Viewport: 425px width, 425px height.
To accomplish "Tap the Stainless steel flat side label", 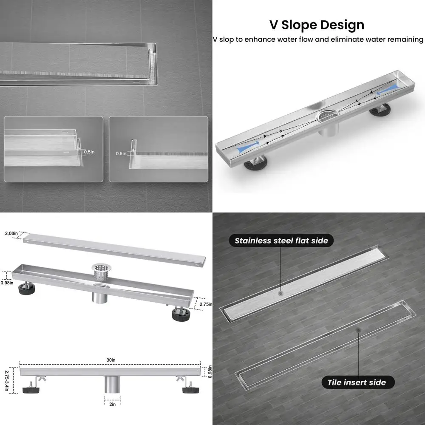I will (x=281, y=241).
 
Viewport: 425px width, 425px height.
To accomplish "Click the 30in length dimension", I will (x=111, y=360).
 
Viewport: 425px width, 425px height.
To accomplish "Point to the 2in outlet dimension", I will (x=113, y=404).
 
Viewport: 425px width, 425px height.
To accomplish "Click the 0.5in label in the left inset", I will (x=89, y=152).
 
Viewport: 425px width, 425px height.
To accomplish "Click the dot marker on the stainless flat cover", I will (x=280, y=293).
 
